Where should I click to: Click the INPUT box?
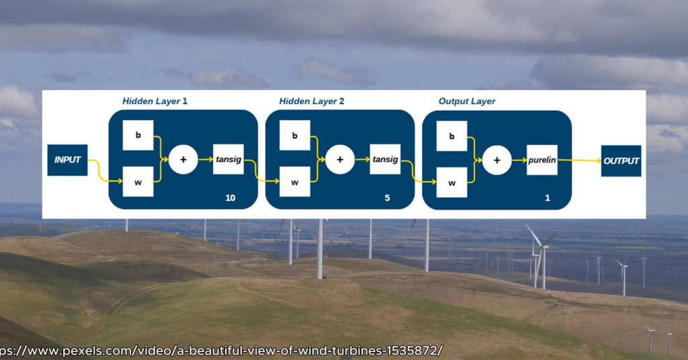(x=67, y=160)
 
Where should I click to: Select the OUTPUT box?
(x=621, y=161)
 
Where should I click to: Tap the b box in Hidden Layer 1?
(x=138, y=135)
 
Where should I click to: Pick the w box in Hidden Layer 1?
(x=138, y=181)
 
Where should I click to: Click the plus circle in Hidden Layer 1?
(x=183, y=160)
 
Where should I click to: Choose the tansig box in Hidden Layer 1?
(x=228, y=159)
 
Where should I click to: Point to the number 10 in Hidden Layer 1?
(x=231, y=197)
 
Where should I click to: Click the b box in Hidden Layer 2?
(x=295, y=136)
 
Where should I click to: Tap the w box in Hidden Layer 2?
(x=295, y=182)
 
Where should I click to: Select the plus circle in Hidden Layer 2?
(x=340, y=160)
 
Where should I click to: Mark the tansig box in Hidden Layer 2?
(x=385, y=160)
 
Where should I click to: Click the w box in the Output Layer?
(x=451, y=182)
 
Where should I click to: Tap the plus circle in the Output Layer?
(x=497, y=161)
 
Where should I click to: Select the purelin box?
(x=542, y=161)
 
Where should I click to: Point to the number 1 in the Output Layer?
(x=548, y=198)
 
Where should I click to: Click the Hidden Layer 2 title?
(x=312, y=101)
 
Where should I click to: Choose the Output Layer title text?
(x=467, y=101)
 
